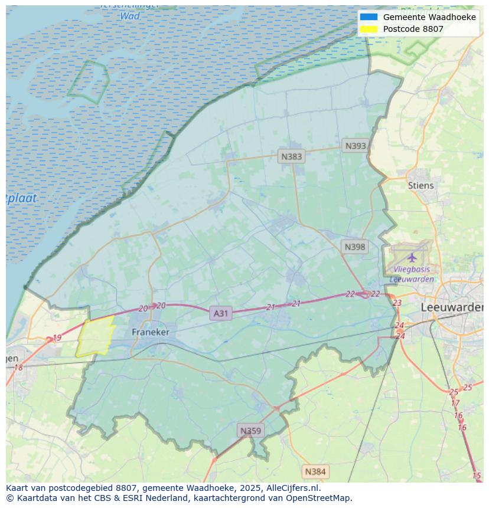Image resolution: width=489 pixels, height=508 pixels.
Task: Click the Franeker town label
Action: [150, 332]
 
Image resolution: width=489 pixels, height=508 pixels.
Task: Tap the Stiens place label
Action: [420, 185]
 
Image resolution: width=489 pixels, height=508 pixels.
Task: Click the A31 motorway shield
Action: [220, 313]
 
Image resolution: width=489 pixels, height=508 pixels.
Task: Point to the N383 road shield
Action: [291, 156]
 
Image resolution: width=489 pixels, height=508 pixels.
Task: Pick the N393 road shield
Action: [356, 146]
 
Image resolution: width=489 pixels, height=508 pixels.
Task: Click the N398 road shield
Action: [354, 247]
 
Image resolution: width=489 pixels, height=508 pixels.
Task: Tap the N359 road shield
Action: [250, 431]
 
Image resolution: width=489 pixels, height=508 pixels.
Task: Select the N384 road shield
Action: [315, 471]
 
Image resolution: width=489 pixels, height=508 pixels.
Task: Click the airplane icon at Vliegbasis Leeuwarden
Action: [412, 257]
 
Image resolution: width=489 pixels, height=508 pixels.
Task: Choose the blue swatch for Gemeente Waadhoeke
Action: [369, 17]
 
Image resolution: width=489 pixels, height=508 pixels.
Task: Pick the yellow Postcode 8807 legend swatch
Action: [369, 29]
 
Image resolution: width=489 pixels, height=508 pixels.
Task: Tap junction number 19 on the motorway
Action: [57, 338]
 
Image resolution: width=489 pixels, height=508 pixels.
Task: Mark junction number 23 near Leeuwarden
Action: [397, 303]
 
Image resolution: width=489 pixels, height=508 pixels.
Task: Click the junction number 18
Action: [18, 368]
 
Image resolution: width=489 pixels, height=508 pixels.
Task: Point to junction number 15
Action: [477, 476]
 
